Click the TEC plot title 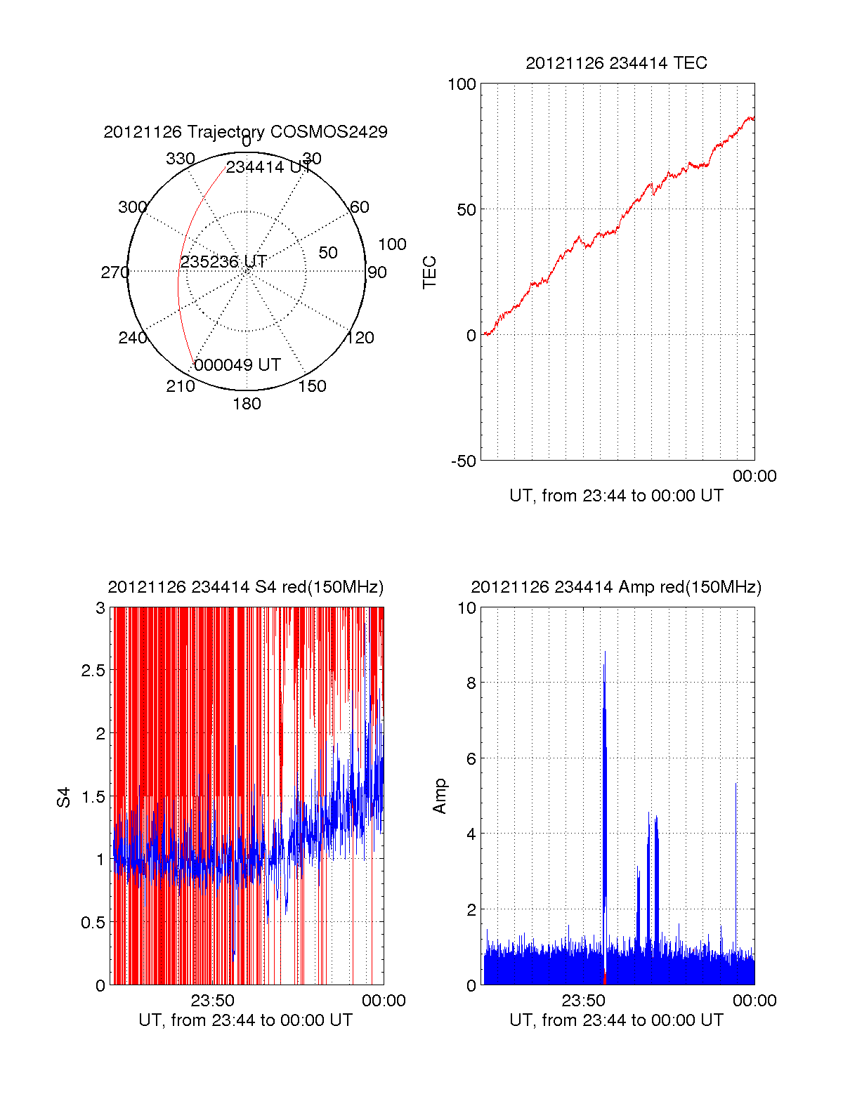coord(616,63)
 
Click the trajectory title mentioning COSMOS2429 coord(245,132)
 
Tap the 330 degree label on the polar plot coord(180,159)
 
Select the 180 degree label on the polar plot coord(247,404)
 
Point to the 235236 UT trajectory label coord(223,262)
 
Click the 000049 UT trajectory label coord(237,365)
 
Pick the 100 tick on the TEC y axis coord(462,84)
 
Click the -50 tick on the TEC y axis coord(463,461)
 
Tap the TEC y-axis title coord(429,272)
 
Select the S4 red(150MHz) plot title coord(245,587)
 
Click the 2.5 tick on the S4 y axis coord(93,671)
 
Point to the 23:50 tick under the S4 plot coord(212,1001)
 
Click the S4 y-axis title coord(64,797)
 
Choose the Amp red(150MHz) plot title coord(616,587)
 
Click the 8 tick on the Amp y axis coord(471,683)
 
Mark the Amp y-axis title coord(439,796)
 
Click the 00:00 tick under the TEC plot coord(754,476)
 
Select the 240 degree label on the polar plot coord(132,338)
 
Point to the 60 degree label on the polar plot coord(359,207)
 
